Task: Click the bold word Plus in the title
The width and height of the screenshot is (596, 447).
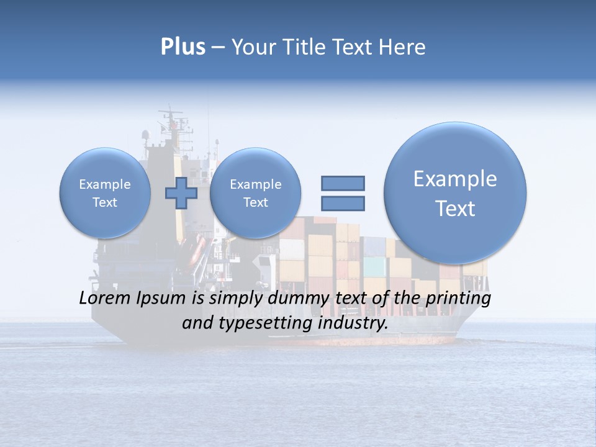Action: pyautogui.click(x=183, y=47)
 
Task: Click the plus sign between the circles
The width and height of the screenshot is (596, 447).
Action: pyautogui.click(x=181, y=192)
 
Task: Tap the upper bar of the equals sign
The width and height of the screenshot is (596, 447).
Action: pyautogui.click(x=343, y=183)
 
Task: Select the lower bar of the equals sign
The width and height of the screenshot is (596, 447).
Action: pyautogui.click(x=343, y=203)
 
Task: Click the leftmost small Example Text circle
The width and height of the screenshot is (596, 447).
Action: pyautogui.click(x=105, y=193)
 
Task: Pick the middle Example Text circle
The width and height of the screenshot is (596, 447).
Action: pyautogui.click(x=255, y=193)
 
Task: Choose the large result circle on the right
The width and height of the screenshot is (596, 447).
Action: pyautogui.click(x=455, y=193)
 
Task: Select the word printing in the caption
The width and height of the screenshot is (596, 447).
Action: pyautogui.click(x=459, y=299)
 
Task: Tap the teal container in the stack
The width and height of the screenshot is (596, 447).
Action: pyautogui.click(x=374, y=267)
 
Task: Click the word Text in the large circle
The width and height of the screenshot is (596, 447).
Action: pyautogui.click(x=455, y=209)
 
